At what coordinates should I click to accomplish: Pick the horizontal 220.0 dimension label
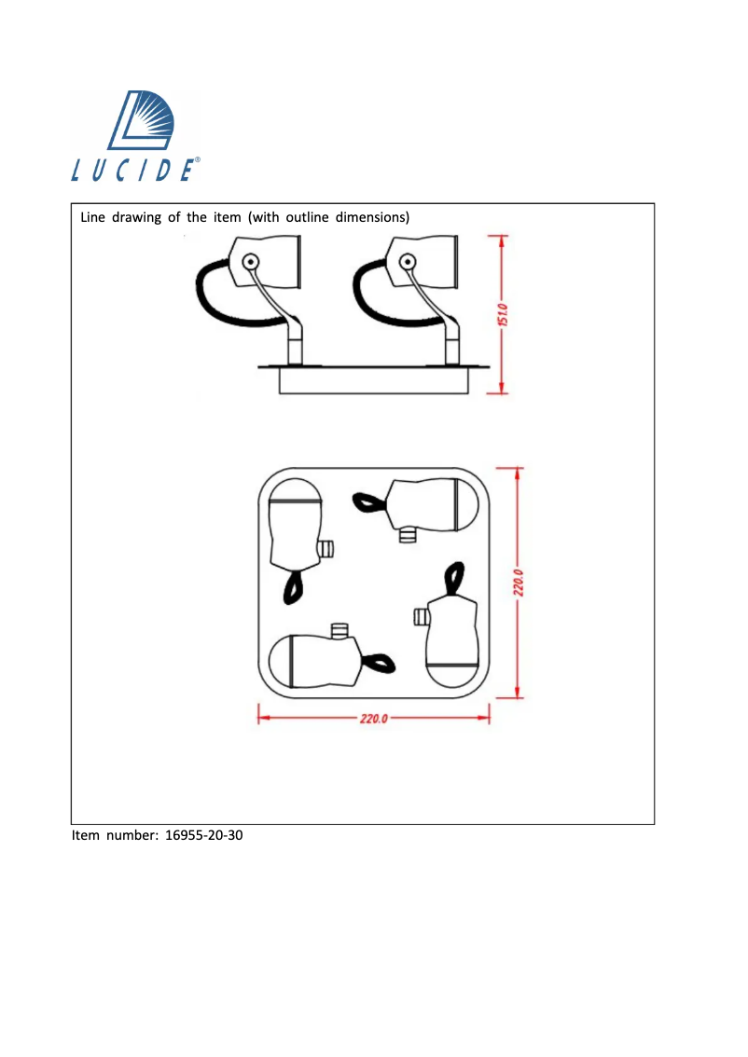374,719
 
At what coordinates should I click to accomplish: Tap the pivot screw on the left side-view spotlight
250,262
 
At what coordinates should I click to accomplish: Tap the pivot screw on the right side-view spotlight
408,262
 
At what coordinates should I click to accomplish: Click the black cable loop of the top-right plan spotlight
367,503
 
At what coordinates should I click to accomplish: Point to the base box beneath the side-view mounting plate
372,383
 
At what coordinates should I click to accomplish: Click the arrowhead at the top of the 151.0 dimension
502,240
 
